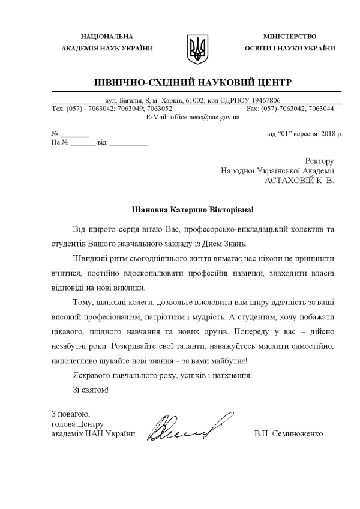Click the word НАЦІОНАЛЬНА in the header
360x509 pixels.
coord(107,37)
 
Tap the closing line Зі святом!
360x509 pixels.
coord(91,389)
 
